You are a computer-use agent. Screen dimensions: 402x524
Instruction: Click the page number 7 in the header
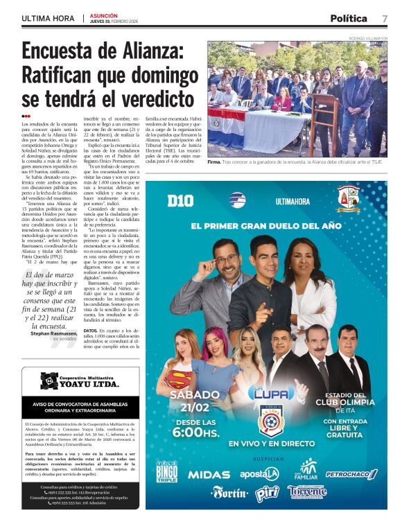coord(384,18)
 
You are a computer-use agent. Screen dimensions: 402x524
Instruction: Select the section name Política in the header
coord(348,18)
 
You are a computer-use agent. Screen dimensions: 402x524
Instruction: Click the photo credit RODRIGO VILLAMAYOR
coord(367,38)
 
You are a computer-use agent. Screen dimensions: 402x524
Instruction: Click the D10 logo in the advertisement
coord(180,200)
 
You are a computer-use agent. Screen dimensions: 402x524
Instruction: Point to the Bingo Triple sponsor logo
coord(166,471)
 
